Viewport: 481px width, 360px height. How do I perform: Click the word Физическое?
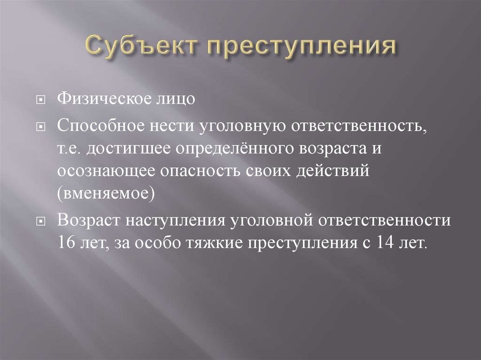click(103, 99)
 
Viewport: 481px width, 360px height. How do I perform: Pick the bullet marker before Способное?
click(40, 126)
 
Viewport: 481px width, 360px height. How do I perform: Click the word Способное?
click(101, 125)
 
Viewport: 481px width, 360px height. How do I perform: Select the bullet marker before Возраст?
click(40, 222)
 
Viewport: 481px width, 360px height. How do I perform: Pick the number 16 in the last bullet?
click(66, 243)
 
